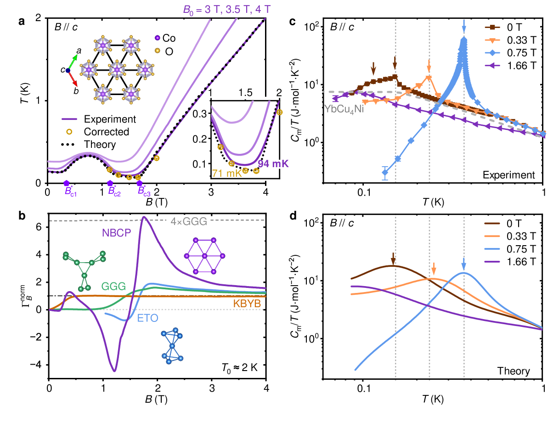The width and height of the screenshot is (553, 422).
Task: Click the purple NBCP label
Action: (116, 233)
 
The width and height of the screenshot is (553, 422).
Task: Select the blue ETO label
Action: (147, 318)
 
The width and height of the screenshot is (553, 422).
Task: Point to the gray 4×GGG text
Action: (189, 221)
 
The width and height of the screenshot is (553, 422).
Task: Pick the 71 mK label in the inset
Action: (227, 174)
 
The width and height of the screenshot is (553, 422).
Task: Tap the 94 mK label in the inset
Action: (273, 164)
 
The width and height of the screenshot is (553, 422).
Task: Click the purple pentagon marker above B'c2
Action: (110, 183)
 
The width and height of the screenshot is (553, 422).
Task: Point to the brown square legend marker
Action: (492, 28)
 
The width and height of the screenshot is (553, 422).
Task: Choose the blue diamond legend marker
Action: (492, 53)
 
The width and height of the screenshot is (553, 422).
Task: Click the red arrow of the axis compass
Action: (73, 79)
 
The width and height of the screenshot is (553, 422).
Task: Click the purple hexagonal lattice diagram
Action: (204, 256)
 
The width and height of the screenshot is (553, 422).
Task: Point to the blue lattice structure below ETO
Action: (172, 346)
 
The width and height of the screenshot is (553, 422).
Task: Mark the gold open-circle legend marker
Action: (69, 132)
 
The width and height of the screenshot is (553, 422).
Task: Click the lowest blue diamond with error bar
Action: (385, 173)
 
